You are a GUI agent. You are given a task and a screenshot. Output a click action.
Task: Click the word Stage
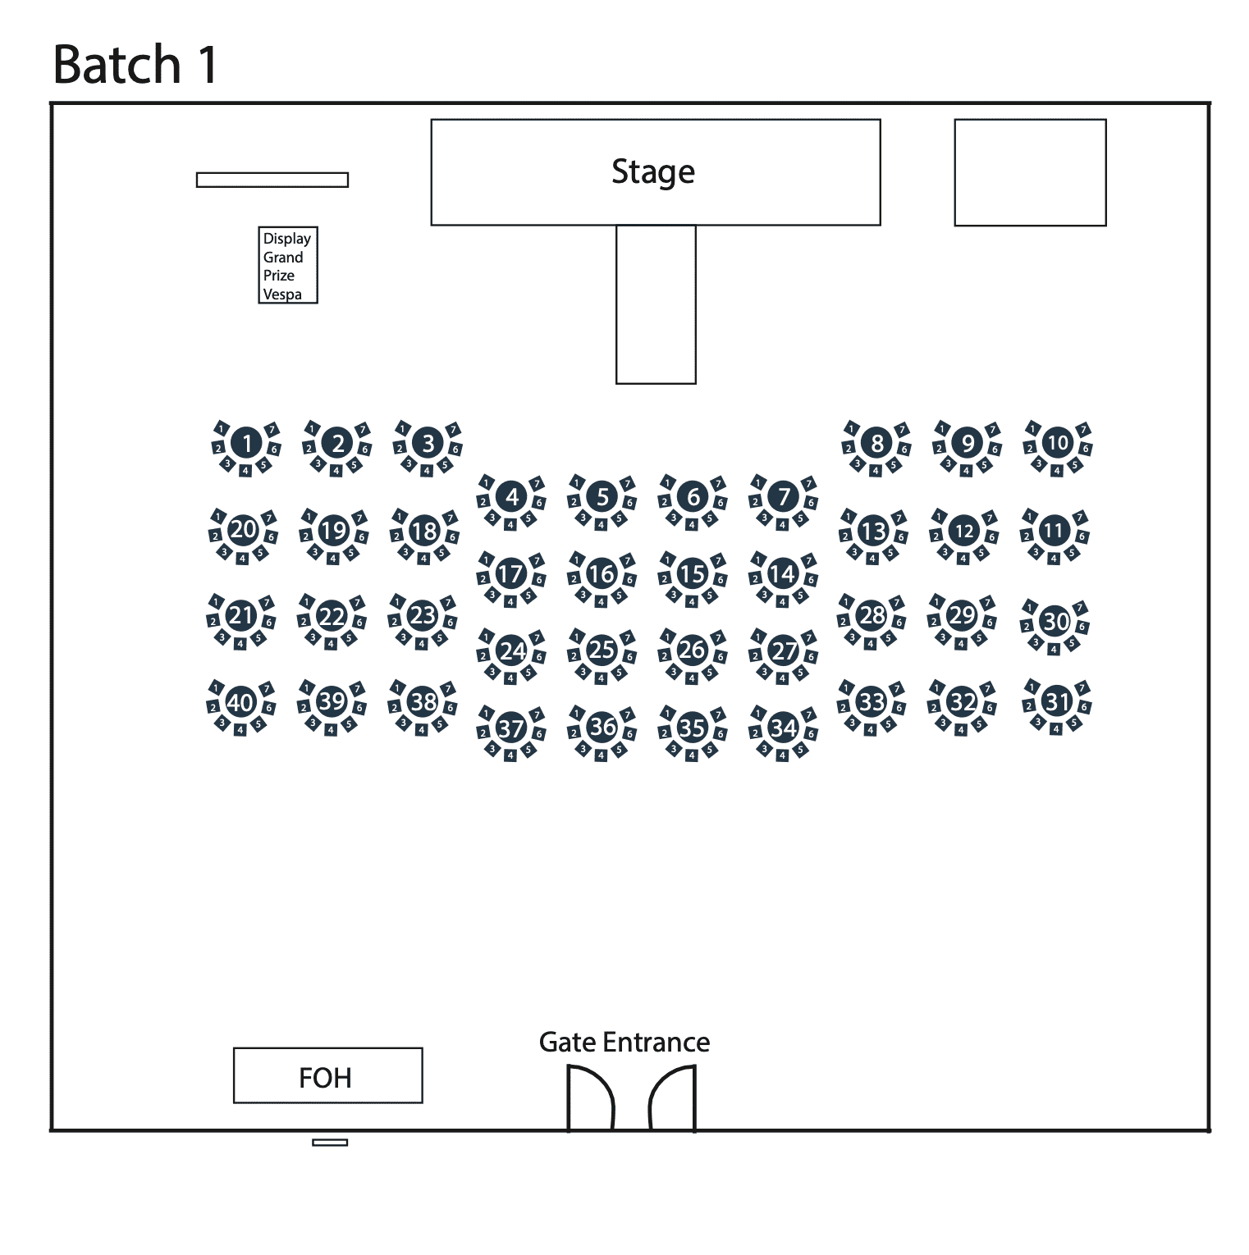click(653, 171)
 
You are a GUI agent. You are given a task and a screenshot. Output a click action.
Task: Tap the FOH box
click(327, 1075)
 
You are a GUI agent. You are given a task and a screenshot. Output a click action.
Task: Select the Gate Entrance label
click(624, 1042)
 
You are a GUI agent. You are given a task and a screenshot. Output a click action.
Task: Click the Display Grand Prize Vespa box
click(287, 266)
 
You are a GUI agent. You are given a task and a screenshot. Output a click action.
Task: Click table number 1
click(246, 444)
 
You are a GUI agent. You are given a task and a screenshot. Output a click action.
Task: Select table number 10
click(1058, 443)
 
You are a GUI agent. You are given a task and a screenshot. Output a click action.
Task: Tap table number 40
click(240, 702)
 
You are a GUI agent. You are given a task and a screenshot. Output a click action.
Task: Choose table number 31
click(1057, 701)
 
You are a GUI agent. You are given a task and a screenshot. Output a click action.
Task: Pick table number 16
click(602, 574)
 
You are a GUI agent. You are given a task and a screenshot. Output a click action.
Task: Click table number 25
click(602, 650)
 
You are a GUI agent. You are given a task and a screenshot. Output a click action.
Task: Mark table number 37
click(510, 728)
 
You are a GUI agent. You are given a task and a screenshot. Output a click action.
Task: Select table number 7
click(784, 496)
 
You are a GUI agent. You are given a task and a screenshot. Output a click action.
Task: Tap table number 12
click(964, 531)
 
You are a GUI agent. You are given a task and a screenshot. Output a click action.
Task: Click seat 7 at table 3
click(454, 429)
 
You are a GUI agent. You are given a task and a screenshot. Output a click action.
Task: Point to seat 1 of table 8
click(852, 428)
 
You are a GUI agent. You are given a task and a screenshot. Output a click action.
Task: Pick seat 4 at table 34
click(782, 755)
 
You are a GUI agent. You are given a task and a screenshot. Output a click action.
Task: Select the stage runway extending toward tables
click(656, 303)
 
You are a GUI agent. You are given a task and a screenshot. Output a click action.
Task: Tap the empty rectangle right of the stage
click(1030, 172)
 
